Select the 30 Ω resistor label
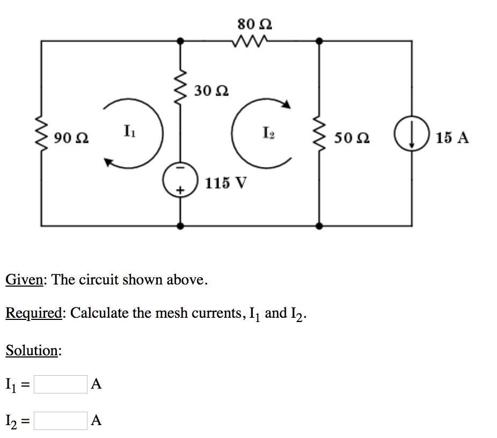point(211,90)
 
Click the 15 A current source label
point(452,138)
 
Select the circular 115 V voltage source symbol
point(181,181)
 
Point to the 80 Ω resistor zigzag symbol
point(250,41)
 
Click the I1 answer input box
point(60,384)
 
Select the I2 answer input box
point(60,420)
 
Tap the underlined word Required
point(34,313)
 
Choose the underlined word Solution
point(33,351)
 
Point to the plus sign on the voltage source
point(181,191)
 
